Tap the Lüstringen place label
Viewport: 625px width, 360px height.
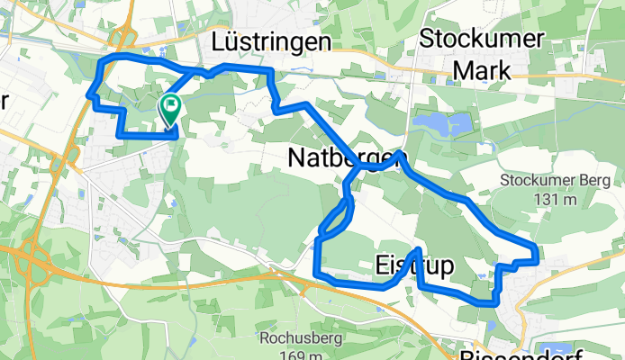point(271,42)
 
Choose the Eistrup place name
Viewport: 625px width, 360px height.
point(412,266)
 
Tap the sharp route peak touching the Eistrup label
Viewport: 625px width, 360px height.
point(419,249)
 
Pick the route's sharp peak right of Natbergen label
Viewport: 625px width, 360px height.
point(400,154)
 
